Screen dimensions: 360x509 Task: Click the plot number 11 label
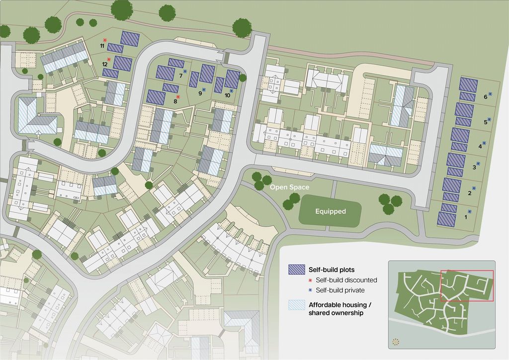click(x=102, y=46)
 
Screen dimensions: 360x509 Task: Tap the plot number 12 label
click(x=105, y=64)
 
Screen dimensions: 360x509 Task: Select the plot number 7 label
click(x=180, y=76)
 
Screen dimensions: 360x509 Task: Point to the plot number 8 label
click(x=175, y=101)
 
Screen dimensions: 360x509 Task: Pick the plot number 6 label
click(x=485, y=97)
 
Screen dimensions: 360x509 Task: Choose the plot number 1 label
click(x=466, y=217)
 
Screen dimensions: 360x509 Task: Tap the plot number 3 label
click(x=474, y=168)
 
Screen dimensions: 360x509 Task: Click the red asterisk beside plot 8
click(x=178, y=97)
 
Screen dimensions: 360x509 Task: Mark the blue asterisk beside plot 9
click(x=204, y=90)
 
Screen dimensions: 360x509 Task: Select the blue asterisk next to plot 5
click(x=490, y=119)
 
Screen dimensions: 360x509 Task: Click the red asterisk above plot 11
click(x=105, y=40)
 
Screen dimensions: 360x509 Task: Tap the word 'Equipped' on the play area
click(x=330, y=211)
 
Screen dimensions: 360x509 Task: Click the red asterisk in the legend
click(x=303, y=280)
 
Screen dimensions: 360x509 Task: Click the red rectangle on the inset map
click(x=467, y=285)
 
